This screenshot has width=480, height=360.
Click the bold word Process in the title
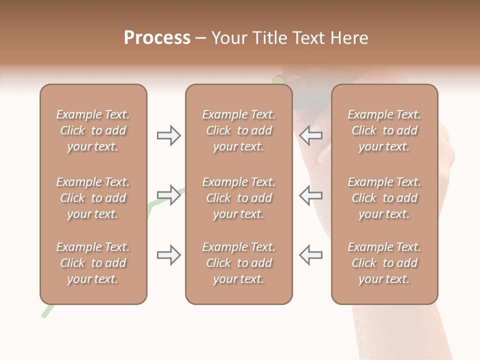[157, 38]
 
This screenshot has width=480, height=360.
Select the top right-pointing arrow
[169, 135]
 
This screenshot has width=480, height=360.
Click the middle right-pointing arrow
[169, 195]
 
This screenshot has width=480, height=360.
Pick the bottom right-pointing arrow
[169, 255]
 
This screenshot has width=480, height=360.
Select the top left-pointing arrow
[310, 135]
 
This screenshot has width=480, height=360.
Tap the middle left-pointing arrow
[310, 195]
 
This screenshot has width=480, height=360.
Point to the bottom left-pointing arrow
[310, 255]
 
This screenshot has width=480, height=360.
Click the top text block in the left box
[93, 130]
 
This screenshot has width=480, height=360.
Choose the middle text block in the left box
[93, 198]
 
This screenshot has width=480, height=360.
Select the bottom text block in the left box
[93, 263]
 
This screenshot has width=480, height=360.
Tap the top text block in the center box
[238, 130]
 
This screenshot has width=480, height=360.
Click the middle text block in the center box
[238, 198]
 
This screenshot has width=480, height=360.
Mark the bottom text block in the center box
[238, 263]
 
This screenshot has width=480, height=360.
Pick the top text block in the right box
[384, 130]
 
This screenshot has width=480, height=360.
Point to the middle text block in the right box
[384, 198]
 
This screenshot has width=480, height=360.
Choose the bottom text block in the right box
[384, 263]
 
